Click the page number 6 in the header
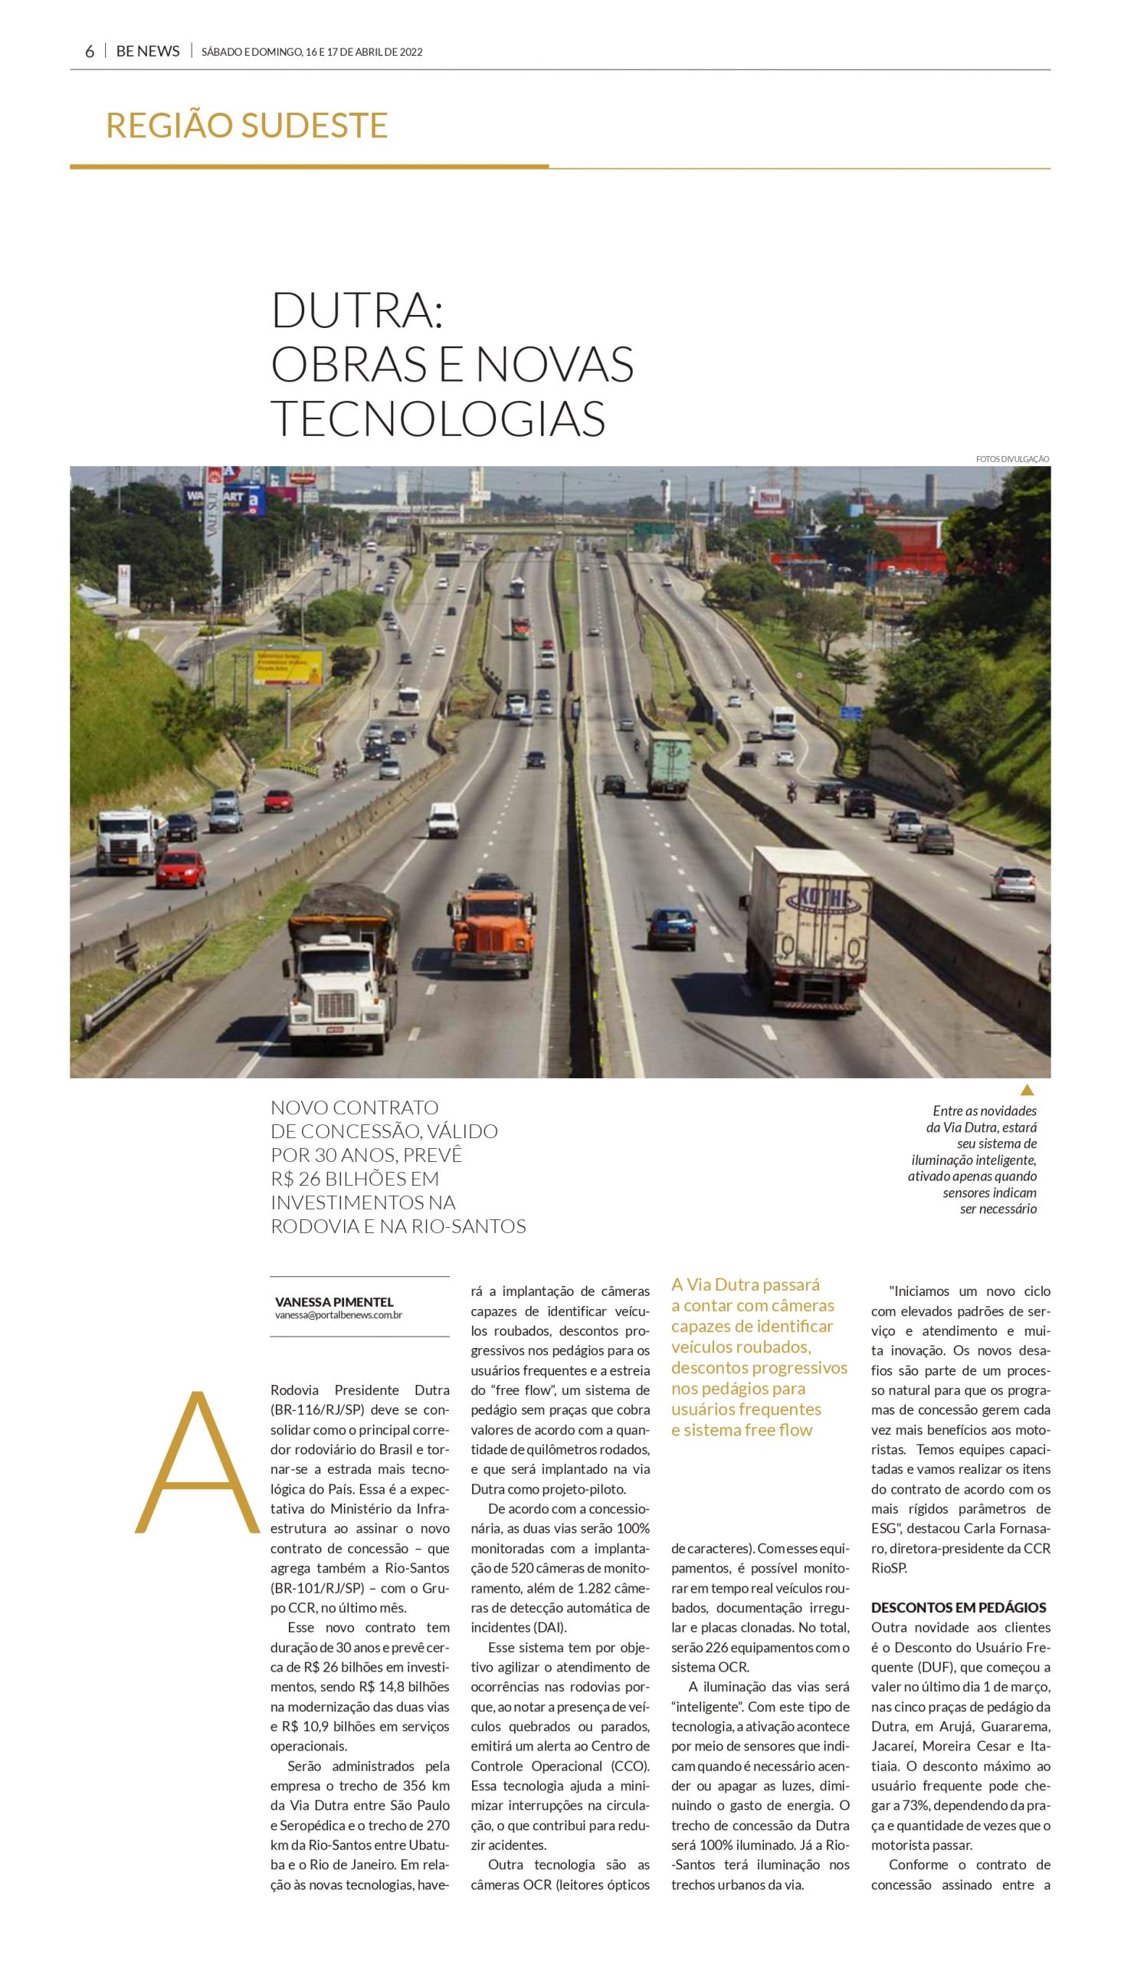[90, 51]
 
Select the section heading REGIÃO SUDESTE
[247, 126]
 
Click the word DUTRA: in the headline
[357, 310]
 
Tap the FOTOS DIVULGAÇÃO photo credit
[1011, 459]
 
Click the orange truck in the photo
[490, 928]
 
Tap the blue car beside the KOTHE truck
[672, 927]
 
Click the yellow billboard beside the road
[289, 666]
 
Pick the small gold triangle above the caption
[1026, 1090]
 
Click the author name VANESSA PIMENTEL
[334, 1302]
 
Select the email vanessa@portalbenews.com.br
[339, 1315]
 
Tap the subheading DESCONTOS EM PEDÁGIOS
[959, 1608]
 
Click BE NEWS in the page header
[148, 51]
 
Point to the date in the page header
[311, 52]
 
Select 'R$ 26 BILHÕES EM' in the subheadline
[355, 1179]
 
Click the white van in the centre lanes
[443, 819]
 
